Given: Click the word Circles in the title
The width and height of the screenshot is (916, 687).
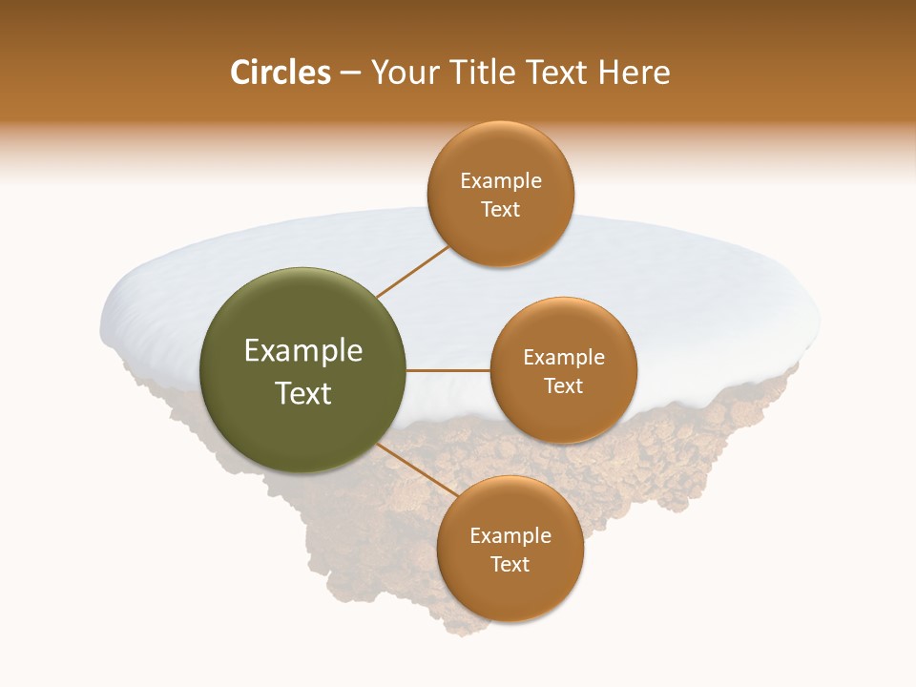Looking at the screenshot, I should coord(281,73).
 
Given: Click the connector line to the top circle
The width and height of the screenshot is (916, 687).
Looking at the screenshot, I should coord(412,271).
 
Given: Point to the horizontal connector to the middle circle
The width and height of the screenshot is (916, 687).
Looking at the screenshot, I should coord(448,370).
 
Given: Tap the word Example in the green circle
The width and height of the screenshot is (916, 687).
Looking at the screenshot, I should coord(303,351).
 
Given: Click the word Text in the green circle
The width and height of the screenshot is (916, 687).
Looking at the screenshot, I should coord(303,393).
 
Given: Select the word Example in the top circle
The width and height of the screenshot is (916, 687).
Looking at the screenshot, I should coord(501,181).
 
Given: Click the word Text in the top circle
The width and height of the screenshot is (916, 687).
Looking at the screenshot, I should coord(501,210).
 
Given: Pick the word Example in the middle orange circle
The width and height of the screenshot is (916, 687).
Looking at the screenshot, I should coord(564,358).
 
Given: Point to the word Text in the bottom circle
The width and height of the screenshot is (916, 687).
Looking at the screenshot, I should coord(510,565).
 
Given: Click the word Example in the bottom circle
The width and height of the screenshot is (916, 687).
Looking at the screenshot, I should coord(510,536).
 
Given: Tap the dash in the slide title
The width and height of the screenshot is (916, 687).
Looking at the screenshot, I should coord(350,73).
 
